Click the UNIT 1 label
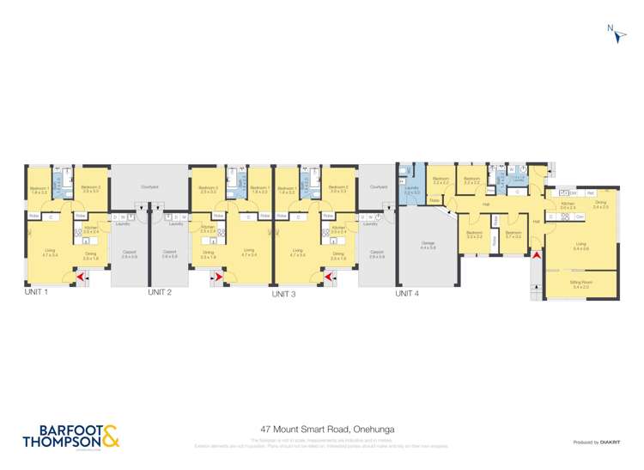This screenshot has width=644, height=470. pos(35,293)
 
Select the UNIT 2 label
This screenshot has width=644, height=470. pos(160,293)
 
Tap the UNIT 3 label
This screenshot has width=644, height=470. pos(283,295)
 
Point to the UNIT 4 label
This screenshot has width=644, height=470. pos(407,294)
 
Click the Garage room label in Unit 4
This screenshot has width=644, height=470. pos(427,246)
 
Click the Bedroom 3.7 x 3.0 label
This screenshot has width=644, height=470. pos(513,234)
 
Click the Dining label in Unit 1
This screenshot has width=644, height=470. pos(91,255)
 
